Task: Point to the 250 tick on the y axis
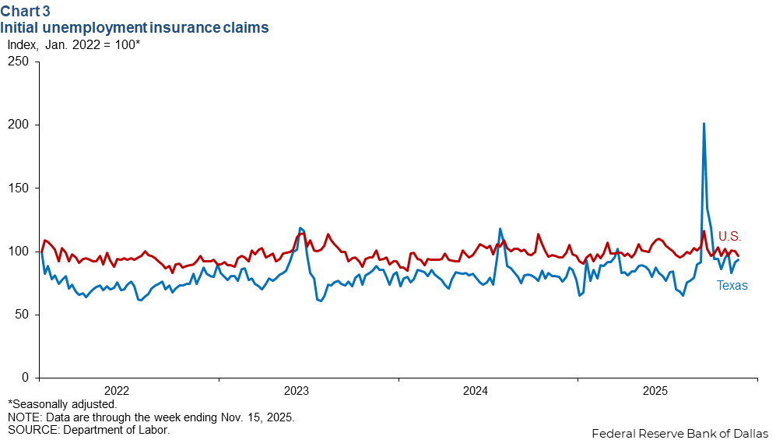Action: [x=19, y=62]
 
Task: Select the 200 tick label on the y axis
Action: [x=19, y=125]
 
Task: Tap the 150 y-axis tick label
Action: [x=19, y=188]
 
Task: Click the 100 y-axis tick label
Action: [x=19, y=252]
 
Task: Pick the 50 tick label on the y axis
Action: [x=23, y=315]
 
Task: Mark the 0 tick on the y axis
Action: [x=26, y=378]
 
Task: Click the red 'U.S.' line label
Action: [x=729, y=236]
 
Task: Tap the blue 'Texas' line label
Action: [x=732, y=286]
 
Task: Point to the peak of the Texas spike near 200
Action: [x=704, y=124]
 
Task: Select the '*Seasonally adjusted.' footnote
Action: [x=62, y=404]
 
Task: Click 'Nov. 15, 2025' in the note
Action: [x=257, y=417]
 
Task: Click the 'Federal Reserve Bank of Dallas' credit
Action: [x=679, y=433]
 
